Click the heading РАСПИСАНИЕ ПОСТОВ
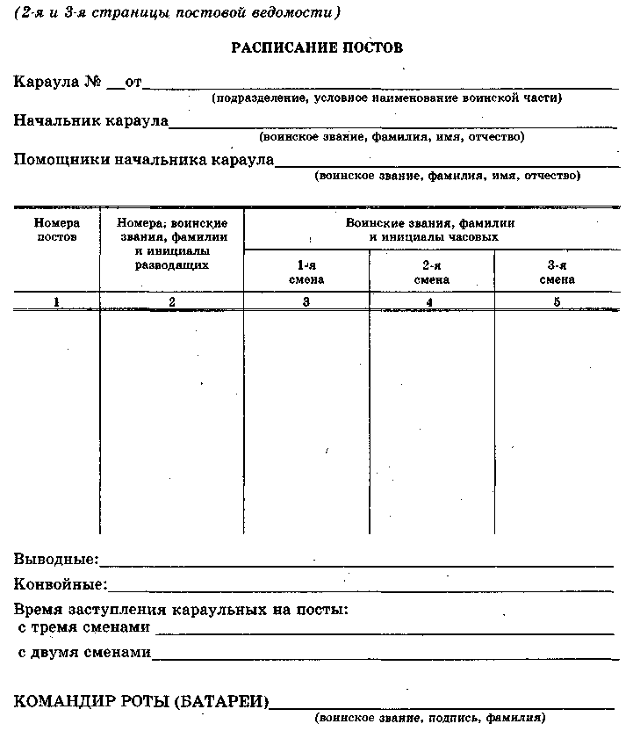pyautogui.click(x=317, y=47)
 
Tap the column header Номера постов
pyautogui.click(x=57, y=230)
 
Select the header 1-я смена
pyautogui.click(x=306, y=272)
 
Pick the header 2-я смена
pyautogui.click(x=431, y=272)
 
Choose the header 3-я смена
pyautogui.click(x=556, y=272)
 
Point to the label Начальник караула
pyautogui.click(x=90, y=120)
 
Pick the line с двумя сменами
pyautogui.click(x=84, y=653)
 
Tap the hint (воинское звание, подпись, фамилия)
pyautogui.click(x=430, y=718)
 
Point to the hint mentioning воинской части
pyautogui.click(x=386, y=98)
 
